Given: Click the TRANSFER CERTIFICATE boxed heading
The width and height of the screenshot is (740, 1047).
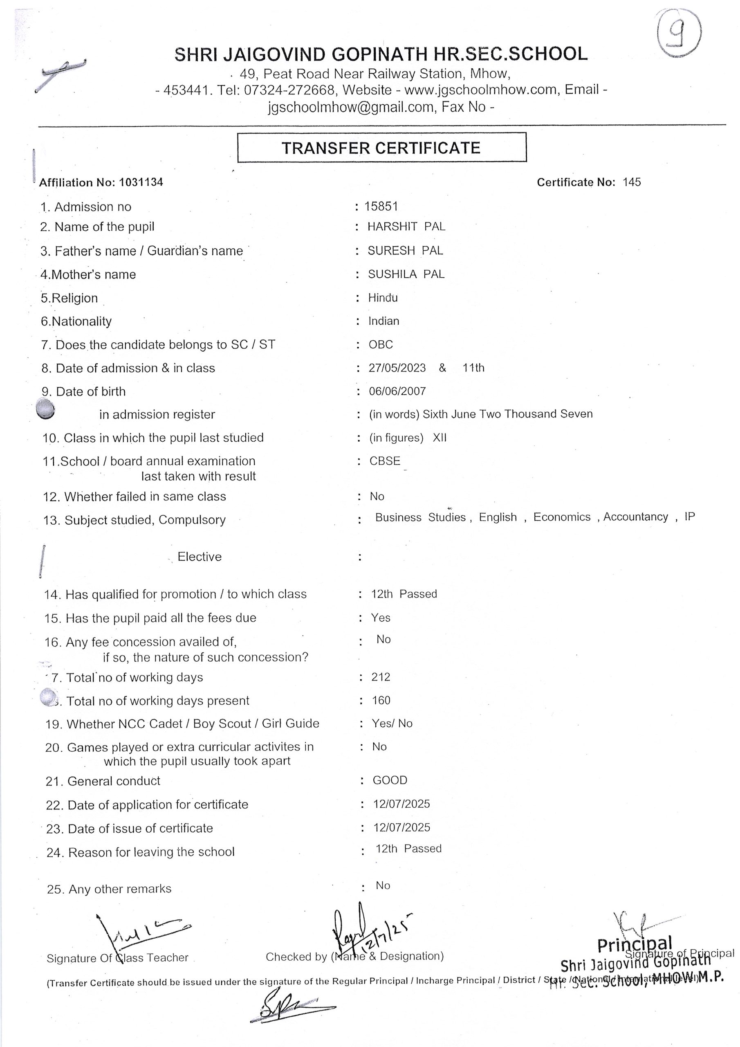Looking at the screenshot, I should pos(381,148).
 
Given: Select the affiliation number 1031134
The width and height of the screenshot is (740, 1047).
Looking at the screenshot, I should pos(141,182).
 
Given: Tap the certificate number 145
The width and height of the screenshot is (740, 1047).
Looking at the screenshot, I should pos(632,182).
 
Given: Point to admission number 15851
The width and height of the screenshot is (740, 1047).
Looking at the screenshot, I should pos(381,207).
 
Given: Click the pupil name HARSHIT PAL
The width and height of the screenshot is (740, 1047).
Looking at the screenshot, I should pos(406,227).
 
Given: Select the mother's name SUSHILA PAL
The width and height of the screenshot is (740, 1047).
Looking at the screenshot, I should pos(406,274).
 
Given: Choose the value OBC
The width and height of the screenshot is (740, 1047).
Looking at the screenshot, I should pos(381,345).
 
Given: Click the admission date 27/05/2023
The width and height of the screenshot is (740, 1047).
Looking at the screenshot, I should pos(397,368).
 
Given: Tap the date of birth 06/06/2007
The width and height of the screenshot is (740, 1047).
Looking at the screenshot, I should pos(397,391).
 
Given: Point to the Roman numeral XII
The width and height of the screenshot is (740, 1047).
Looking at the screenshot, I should pos(440,438).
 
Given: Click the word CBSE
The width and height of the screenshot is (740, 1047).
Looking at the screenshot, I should pos(385,461).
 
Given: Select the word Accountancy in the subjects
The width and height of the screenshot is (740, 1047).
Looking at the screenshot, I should pos(636,517).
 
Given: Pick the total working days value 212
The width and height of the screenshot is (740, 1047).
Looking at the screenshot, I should pos(381,677).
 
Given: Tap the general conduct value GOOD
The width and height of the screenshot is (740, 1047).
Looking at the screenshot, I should pos(390,780).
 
